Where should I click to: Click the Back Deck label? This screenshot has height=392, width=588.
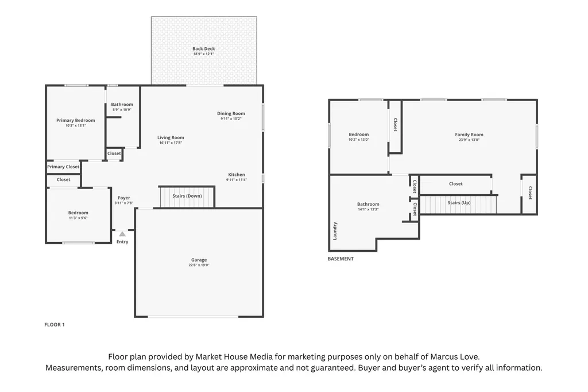(204, 48)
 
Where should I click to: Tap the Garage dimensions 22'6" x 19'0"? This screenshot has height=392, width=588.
(199, 265)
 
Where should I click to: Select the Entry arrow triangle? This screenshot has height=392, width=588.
(122, 234)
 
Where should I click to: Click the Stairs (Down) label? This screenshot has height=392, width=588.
(187, 196)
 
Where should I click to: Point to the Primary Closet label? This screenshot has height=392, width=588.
(63, 167)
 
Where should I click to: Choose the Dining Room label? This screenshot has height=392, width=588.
(231, 113)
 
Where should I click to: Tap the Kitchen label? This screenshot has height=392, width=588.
(237, 175)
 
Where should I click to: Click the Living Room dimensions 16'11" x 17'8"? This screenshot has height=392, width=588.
(171, 143)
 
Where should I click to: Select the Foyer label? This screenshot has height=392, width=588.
(124, 198)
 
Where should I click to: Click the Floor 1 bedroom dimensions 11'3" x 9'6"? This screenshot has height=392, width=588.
(78, 218)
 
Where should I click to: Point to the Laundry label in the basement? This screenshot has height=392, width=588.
(335, 231)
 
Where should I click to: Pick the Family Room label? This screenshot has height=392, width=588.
(469, 134)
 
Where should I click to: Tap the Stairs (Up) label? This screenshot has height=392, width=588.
(459, 203)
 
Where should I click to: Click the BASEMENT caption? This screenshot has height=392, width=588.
(341, 259)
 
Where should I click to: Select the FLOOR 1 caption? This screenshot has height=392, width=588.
(55, 325)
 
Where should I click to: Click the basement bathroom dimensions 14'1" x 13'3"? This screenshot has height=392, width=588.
(368, 210)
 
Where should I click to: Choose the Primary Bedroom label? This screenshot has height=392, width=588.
(76, 120)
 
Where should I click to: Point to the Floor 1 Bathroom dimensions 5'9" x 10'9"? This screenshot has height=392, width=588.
(122, 110)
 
